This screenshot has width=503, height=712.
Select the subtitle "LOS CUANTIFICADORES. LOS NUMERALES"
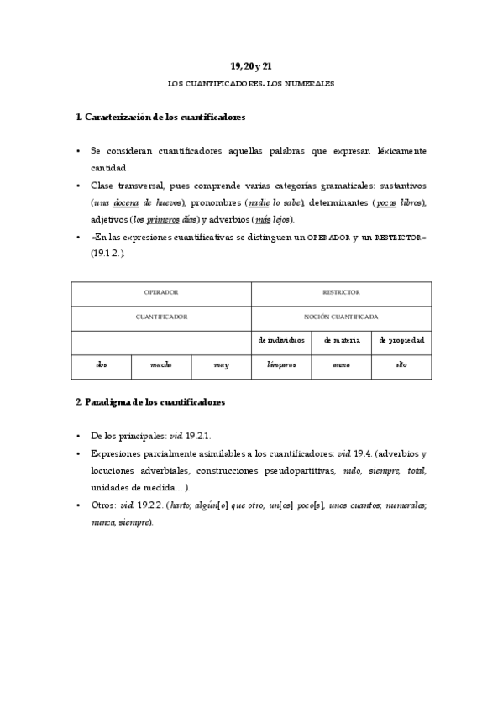[251, 85]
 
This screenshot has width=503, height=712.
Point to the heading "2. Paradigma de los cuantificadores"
[150, 402]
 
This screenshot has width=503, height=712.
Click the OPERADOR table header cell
[161, 292]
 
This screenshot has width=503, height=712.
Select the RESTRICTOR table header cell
[341, 292]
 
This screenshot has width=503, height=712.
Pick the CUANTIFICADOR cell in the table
[161, 317]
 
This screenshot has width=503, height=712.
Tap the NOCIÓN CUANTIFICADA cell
[341, 317]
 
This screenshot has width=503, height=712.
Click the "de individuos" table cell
[281, 340]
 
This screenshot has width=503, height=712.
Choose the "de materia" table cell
[341, 340]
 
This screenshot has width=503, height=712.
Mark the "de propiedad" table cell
[401, 340]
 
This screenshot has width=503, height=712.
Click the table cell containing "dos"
[102, 365]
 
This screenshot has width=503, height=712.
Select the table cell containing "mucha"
[161, 365]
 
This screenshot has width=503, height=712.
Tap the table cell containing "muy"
[221, 365]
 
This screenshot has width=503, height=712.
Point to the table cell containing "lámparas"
[281, 365]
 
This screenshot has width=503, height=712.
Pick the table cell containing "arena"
[341, 365]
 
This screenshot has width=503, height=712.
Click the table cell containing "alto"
[401, 365]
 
